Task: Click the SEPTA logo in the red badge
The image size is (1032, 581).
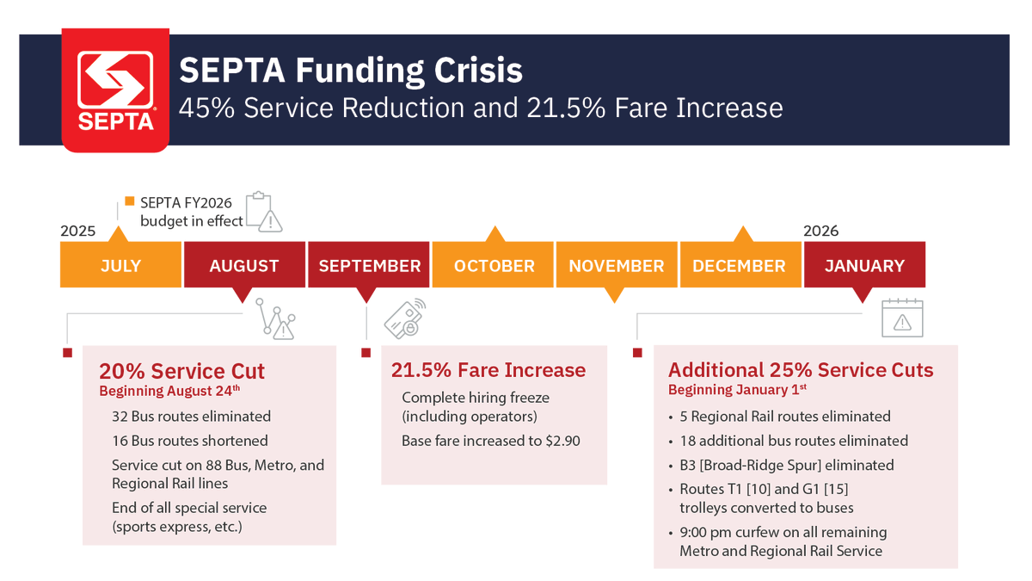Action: coord(115,90)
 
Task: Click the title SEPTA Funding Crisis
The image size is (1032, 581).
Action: coord(350,70)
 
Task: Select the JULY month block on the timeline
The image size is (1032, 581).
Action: coord(120,265)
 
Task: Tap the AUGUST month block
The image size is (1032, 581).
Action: coord(244,265)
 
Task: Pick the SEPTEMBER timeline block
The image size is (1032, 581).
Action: coord(369,265)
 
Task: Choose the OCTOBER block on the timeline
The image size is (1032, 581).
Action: coord(494,265)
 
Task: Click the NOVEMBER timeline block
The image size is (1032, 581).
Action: coord(617,265)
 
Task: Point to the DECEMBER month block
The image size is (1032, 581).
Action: coord(740,265)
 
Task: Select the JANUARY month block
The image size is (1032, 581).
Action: coord(864,265)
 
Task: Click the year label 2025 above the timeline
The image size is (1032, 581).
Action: coord(77,232)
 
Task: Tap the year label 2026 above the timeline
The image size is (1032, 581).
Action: coord(820,231)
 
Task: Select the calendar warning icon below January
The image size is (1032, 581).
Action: coord(902,318)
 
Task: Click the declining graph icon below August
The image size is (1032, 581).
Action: coord(279,321)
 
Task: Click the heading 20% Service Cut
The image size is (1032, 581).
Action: coord(181,371)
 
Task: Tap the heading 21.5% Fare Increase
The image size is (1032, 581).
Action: coord(488,370)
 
